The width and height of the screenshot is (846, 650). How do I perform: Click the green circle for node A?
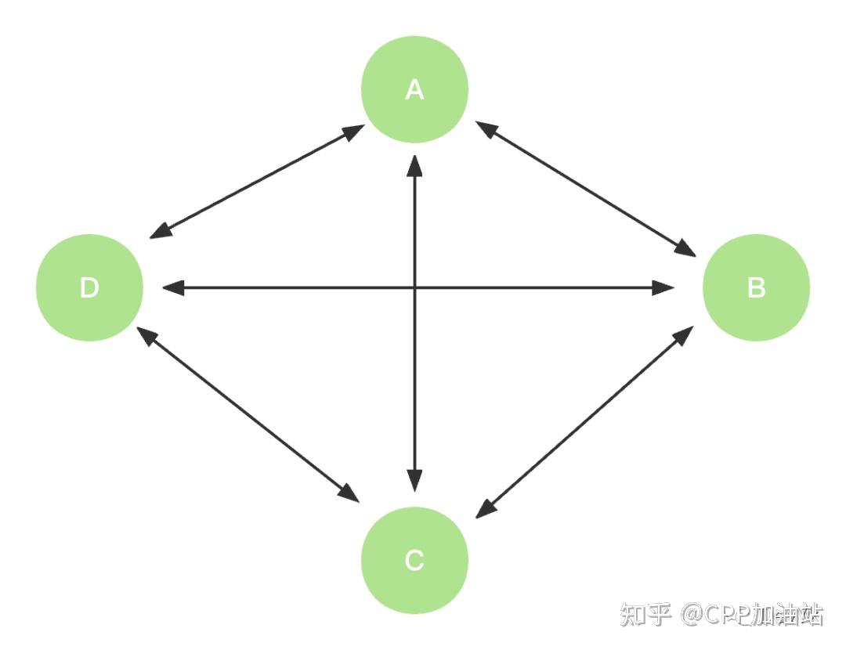(x=414, y=89)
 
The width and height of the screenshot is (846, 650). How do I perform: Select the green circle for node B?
(x=756, y=287)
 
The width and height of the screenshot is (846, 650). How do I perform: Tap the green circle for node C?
(x=414, y=560)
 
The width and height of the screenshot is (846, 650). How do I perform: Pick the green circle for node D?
(x=89, y=287)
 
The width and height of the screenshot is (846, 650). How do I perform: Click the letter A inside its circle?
(x=414, y=89)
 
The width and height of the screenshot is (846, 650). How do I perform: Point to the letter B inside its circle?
(x=757, y=287)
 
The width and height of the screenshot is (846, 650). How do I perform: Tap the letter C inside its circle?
(x=414, y=560)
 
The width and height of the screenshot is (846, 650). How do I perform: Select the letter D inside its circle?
(x=89, y=287)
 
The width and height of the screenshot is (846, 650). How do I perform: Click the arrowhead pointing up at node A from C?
(x=414, y=166)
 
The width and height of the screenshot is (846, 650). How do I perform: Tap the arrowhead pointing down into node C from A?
(x=414, y=480)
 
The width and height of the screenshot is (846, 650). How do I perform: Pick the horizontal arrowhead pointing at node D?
(x=173, y=287)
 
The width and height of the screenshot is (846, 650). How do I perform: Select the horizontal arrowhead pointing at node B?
(x=663, y=287)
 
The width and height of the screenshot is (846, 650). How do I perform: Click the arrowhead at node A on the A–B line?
(x=486, y=128)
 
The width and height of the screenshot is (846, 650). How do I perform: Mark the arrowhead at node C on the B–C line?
(x=486, y=509)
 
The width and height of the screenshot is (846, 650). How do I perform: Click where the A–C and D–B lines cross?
(x=414, y=287)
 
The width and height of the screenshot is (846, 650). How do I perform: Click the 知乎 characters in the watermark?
(x=646, y=615)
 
